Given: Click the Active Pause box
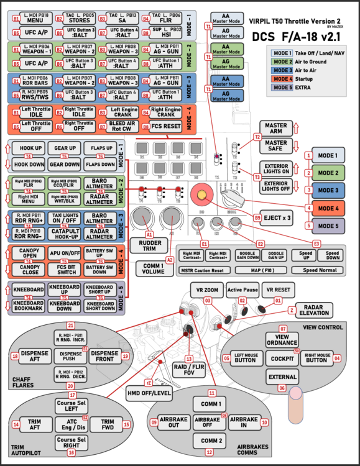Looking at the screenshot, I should tap(242, 290).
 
